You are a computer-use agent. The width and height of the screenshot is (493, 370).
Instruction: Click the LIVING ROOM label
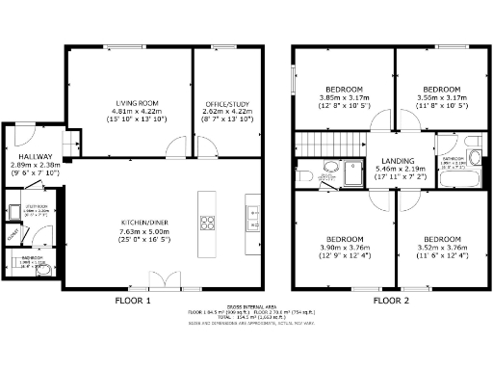(129, 103)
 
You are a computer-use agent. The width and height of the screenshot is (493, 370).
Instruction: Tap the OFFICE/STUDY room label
(227, 103)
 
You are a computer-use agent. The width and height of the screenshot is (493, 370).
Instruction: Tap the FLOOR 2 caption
(392, 300)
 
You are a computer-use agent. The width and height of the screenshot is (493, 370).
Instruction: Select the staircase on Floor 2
(317, 145)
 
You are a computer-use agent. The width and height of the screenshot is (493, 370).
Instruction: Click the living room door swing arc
(175, 145)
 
